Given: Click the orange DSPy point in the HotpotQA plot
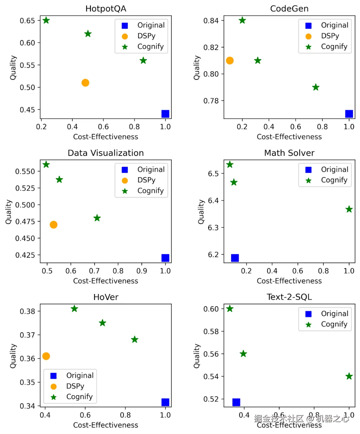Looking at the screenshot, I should coord(85,83).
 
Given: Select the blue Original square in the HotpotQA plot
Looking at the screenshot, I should coord(165,114).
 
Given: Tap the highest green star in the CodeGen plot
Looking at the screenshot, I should coord(242,20).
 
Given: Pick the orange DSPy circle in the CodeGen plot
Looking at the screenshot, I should coord(230,60).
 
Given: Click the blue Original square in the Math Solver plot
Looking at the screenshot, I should coord(235,258).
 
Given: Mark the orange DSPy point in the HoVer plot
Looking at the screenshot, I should coord(46,356).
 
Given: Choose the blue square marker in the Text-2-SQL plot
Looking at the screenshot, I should coord(236,402).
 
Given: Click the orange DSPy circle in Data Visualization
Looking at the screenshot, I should coord(53,225).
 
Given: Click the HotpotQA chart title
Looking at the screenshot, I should coord(106,9).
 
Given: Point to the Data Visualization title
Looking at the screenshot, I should coord(106,153).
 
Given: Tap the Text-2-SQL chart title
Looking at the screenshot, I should coord(289,297).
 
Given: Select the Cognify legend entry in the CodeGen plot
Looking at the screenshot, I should coord(334,46).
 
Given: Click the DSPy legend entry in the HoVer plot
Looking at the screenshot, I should coord(75,386).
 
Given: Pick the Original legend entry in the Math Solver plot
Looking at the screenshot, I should coord(334,169).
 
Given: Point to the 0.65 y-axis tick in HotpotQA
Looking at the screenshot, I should coord(27,21).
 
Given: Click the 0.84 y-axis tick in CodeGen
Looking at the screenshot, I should coord(211,21).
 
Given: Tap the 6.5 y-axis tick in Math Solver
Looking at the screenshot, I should coord(213,174).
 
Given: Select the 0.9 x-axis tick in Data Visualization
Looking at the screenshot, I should coord(142,271).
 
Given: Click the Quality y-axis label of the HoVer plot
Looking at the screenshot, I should coord(13,356).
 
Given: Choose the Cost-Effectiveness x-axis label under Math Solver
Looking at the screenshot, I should coord(289,281).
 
